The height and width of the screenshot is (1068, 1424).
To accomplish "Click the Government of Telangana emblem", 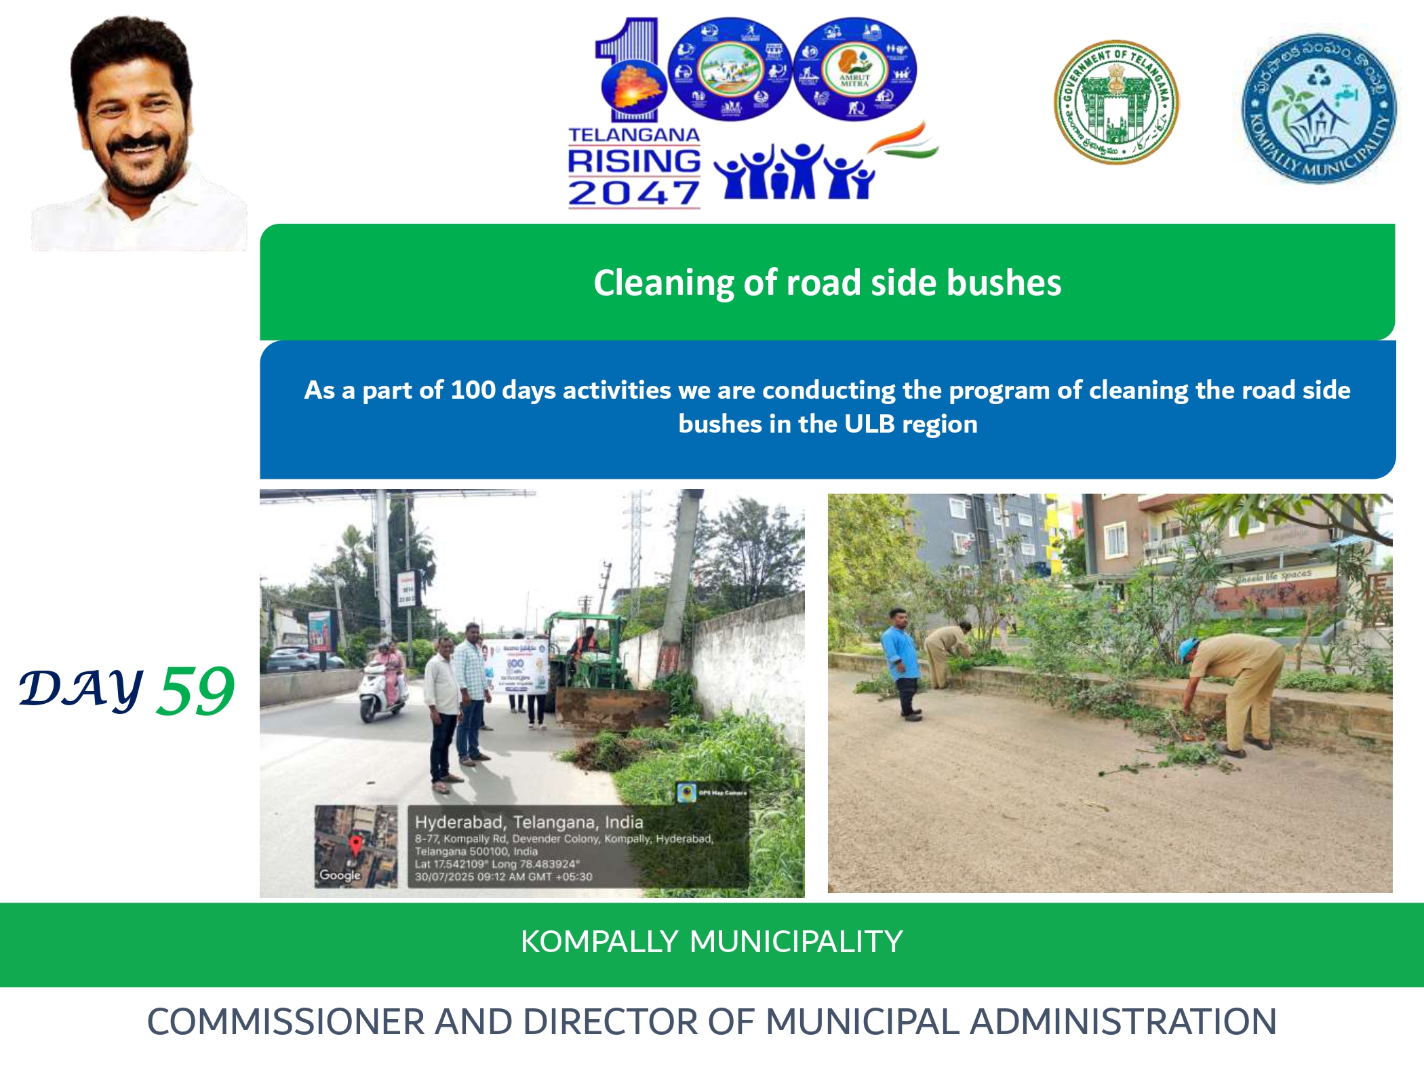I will point(1116,102).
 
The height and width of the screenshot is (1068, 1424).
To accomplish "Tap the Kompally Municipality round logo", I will point(1319,108).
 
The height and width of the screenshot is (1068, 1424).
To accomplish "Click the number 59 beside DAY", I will point(195,691).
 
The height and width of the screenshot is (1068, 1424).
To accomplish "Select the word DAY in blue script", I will point(81,689).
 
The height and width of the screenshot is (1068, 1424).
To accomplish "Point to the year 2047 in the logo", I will point(633,193).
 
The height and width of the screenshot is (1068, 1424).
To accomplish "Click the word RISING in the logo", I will point(633,161).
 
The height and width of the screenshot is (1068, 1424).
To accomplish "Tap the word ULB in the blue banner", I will point(870,424).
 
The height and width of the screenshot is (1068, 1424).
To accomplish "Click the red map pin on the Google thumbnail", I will point(355,845).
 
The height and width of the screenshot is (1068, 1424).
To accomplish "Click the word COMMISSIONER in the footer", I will point(285,1022).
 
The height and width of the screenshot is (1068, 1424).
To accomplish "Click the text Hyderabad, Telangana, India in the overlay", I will point(529,822).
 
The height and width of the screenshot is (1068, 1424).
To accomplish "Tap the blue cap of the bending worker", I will point(1187,650).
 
